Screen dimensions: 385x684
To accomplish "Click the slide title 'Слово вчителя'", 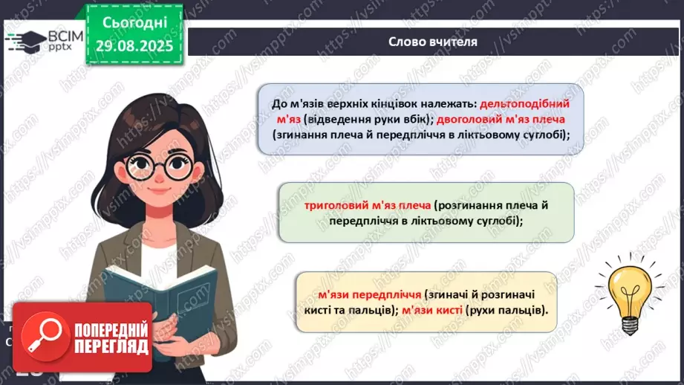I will (432, 42).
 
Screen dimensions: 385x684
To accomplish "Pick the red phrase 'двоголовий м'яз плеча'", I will (512, 120).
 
